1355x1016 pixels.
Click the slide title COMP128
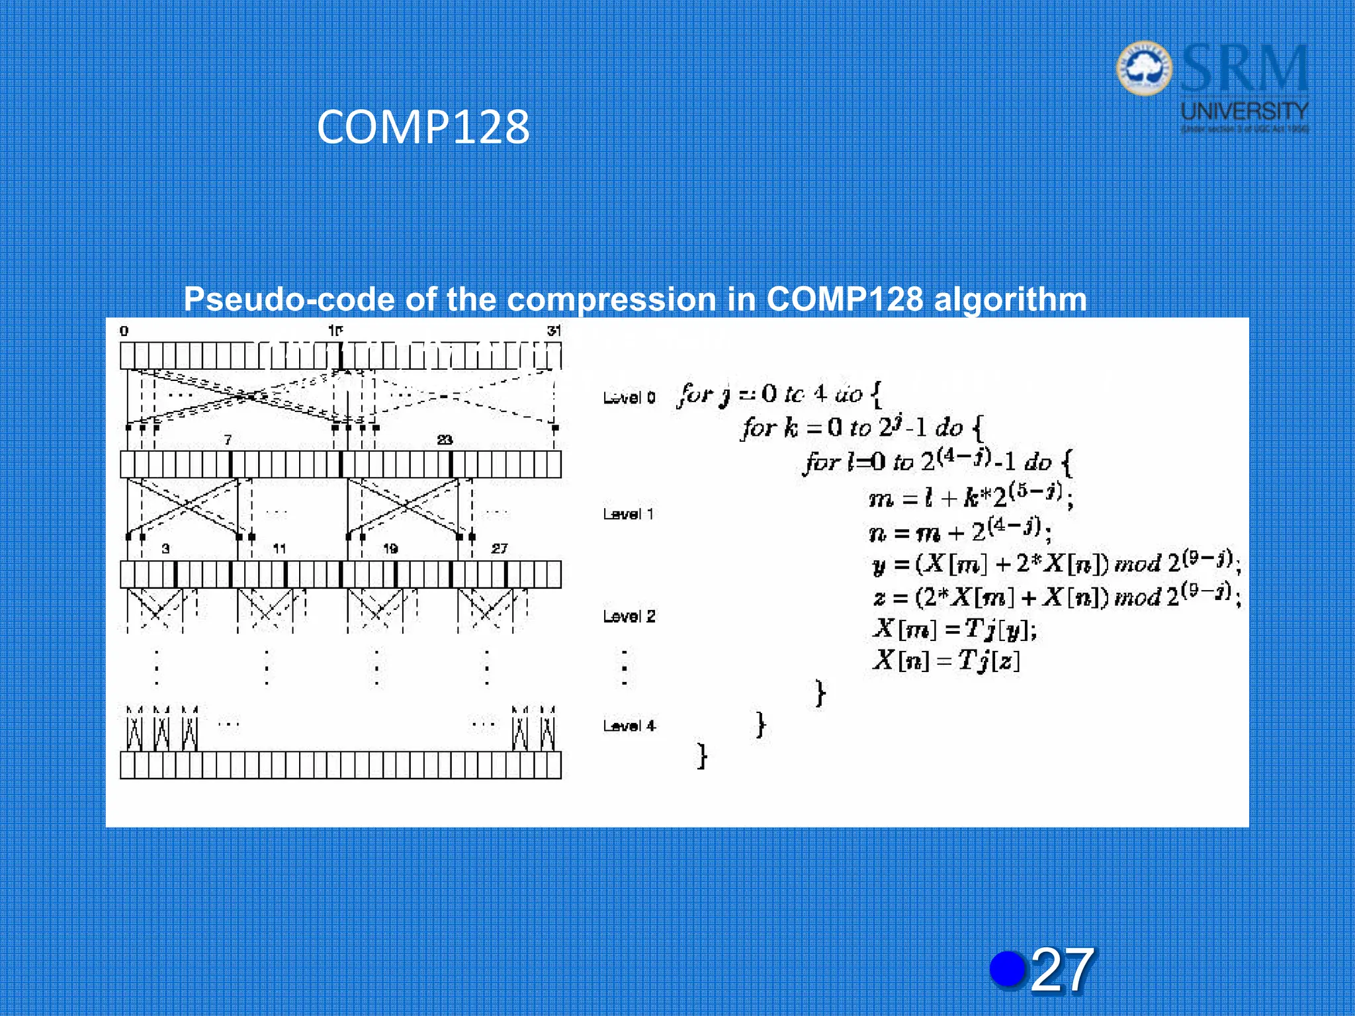point(423,127)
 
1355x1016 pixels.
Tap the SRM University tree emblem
point(1144,69)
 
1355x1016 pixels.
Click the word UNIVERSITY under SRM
point(1245,110)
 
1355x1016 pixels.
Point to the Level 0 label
point(629,398)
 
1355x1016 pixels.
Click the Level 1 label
point(628,514)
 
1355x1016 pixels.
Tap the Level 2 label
point(629,616)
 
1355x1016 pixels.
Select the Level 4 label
point(629,726)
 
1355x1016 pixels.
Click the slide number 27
point(1061,970)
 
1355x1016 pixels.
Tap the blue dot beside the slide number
point(1008,969)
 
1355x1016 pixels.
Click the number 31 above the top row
point(554,331)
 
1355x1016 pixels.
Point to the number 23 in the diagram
point(445,440)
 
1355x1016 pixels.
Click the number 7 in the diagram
point(228,440)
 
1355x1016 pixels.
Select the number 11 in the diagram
point(279,548)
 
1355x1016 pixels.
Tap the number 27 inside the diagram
point(500,548)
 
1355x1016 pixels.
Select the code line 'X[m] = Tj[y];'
point(954,629)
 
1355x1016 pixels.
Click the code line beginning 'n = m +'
point(960,530)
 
